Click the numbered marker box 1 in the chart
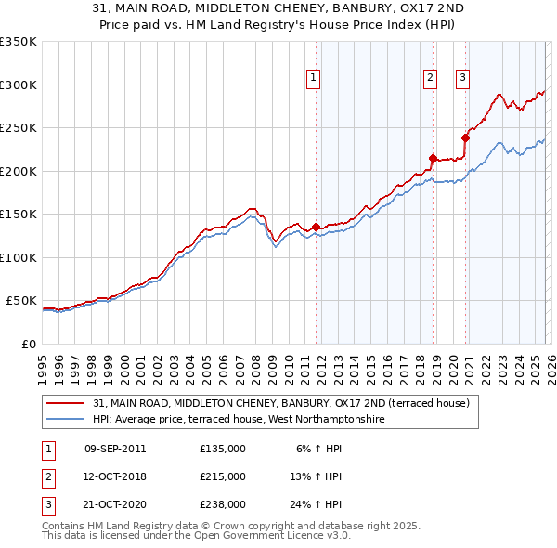tap(315, 79)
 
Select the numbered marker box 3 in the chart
tap(462, 79)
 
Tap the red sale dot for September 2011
tap(316, 227)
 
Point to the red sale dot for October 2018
tap(433, 158)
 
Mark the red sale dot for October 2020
tap(465, 138)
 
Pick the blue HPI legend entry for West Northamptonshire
tap(238, 419)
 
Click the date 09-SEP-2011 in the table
tap(115, 449)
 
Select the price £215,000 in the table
tap(223, 476)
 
